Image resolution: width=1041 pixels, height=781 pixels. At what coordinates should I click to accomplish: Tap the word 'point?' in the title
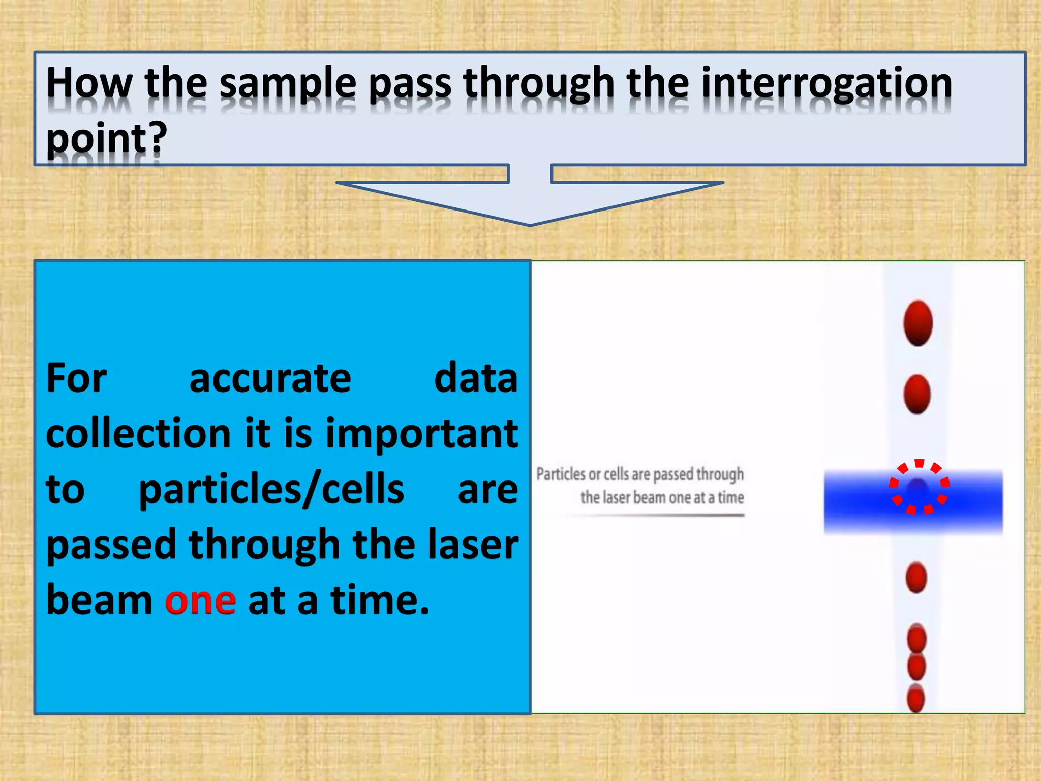pyautogui.click(x=106, y=138)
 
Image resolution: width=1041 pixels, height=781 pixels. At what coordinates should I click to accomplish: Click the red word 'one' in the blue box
pyautogui.click(x=200, y=601)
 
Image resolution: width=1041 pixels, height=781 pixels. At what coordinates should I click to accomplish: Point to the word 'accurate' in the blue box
pyautogui.click(x=270, y=379)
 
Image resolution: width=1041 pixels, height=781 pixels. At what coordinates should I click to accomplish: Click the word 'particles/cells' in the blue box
pyautogui.click(x=271, y=490)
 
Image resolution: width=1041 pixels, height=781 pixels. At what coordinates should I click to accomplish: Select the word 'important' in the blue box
pyautogui.click(x=421, y=434)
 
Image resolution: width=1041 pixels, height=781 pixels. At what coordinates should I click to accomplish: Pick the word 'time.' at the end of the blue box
pyautogui.click(x=380, y=601)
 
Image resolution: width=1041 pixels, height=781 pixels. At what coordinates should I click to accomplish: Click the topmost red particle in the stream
pyautogui.click(x=918, y=323)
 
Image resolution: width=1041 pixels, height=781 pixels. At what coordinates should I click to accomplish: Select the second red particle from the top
pyautogui.click(x=917, y=394)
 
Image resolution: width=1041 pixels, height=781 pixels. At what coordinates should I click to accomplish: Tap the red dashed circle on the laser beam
pyautogui.click(x=919, y=487)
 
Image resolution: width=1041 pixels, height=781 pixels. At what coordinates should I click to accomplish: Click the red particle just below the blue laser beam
pyautogui.click(x=916, y=578)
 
